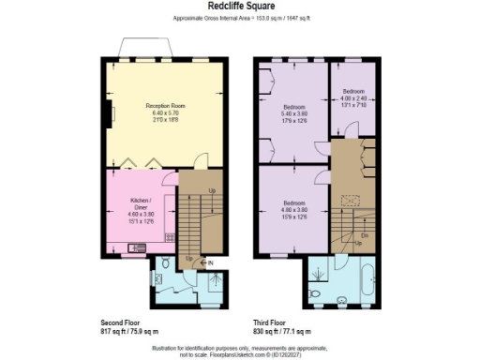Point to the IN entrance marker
211,262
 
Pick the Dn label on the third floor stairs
363,235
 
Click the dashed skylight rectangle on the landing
355,198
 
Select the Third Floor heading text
271,321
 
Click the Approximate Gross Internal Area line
239,19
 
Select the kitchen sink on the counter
138,248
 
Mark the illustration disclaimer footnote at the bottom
239,351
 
